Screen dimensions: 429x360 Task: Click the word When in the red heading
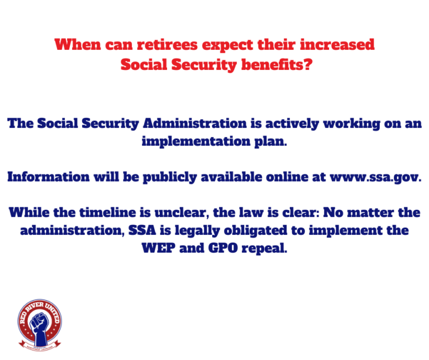78,44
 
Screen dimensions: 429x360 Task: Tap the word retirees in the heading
167,44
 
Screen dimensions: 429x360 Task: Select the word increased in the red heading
337,44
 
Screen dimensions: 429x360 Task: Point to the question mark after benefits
308,65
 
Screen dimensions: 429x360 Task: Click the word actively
292,124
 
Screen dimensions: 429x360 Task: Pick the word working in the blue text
352,124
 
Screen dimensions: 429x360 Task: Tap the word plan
270,142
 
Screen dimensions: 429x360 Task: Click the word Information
49,177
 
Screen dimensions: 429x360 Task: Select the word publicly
170,177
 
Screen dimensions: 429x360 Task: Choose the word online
287,177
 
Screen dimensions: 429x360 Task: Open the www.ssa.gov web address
375,177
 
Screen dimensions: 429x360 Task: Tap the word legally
197,231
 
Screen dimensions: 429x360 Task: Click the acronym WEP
159,248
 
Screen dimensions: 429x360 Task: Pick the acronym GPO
223,248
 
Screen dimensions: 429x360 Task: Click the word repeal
264,249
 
